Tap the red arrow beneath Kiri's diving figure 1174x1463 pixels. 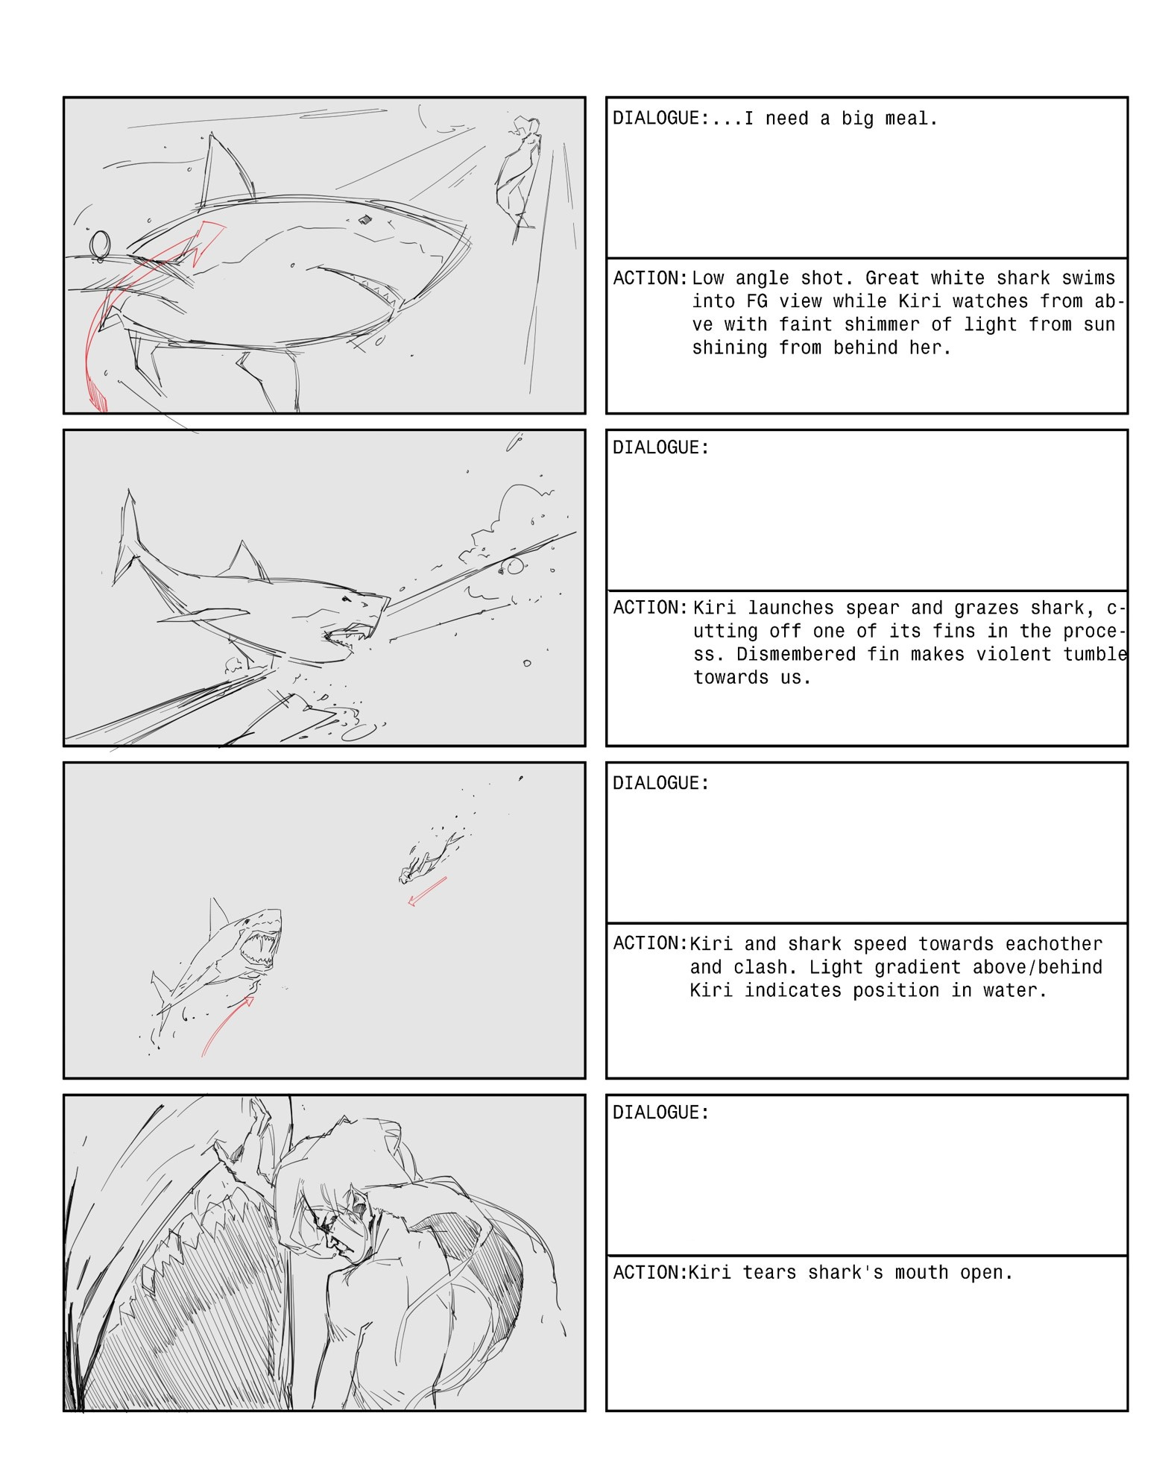click(x=427, y=891)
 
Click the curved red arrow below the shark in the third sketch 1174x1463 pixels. click(x=224, y=1023)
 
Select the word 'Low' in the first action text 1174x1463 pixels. click(x=707, y=278)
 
